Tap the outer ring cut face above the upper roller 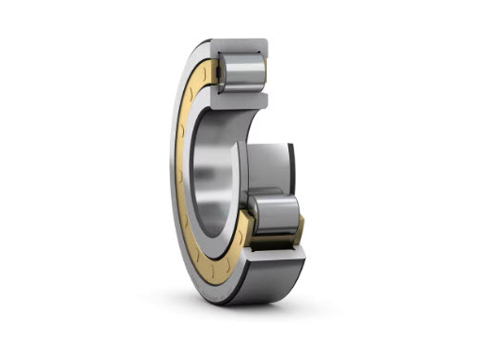pos(239,45)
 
